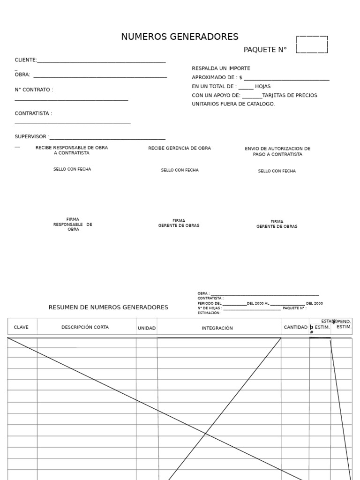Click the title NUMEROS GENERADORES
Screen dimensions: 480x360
(180, 37)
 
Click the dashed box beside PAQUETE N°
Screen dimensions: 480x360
(312, 45)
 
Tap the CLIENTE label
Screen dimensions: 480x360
(25, 60)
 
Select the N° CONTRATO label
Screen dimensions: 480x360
(34, 90)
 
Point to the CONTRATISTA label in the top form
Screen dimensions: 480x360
(33, 113)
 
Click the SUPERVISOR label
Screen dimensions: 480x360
(31, 137)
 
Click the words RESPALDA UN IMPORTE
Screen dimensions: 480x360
(221, 68)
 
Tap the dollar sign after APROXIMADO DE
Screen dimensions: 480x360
(240, 77)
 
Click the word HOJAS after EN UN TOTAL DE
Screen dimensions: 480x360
(262, 86)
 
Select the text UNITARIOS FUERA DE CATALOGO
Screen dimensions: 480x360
(233, 104)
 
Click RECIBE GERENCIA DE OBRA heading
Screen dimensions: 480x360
(180, 148)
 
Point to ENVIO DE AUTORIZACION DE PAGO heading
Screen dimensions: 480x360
(277, 151)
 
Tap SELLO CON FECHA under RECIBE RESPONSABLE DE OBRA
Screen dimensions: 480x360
(72, 169)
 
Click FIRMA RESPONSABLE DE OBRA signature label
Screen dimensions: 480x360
(73, 225)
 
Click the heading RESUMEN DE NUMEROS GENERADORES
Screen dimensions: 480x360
(108, 307)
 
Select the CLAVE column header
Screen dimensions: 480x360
(21, 327)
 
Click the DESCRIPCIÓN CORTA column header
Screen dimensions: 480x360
(85, 327)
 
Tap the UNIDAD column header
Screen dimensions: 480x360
(146, 328)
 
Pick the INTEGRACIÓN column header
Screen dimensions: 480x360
(217, 328)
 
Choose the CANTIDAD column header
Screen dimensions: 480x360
(295, 327)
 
